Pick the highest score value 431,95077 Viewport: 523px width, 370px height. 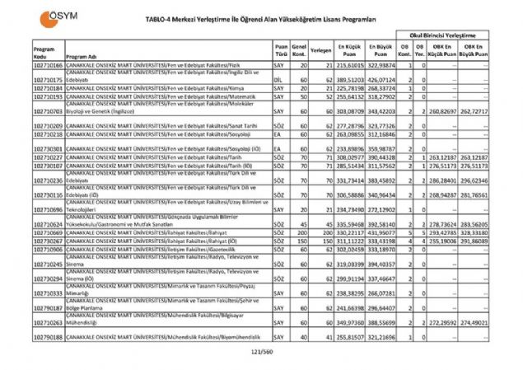(x=381, y=232)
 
